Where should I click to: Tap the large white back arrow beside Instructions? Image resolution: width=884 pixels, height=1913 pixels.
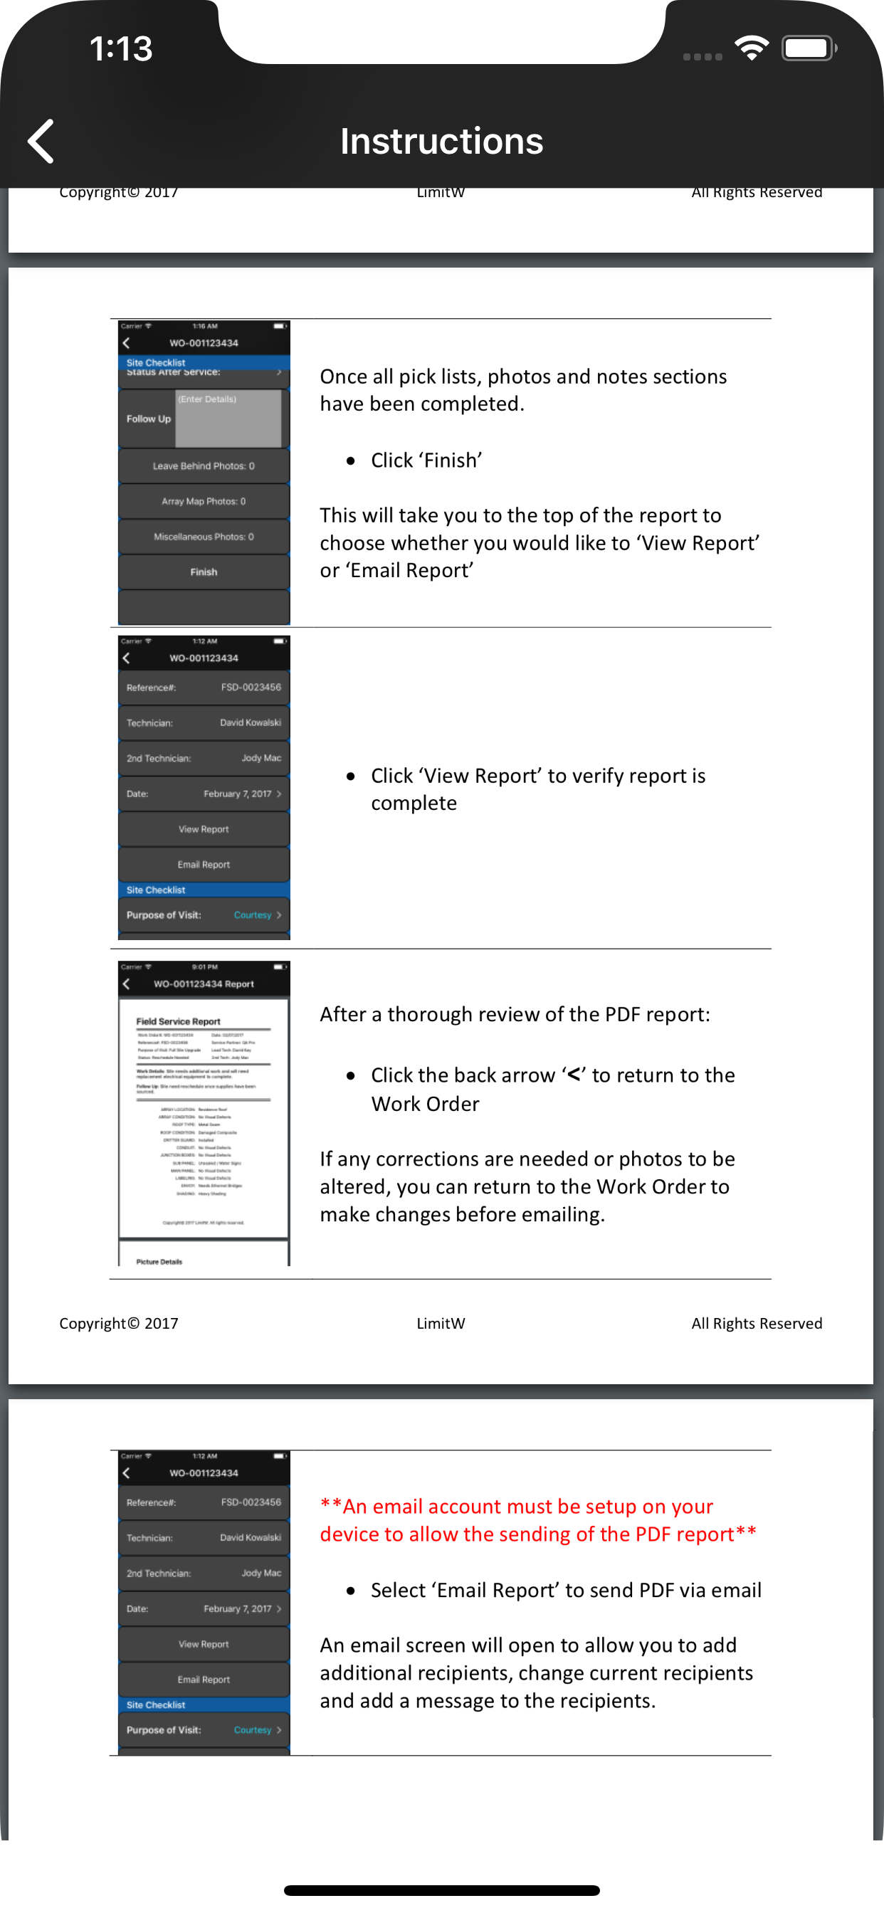pos(41,141)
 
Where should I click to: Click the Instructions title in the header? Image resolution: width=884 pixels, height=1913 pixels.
pos(441,141)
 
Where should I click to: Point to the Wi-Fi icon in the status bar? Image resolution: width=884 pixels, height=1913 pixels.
pos(752,48)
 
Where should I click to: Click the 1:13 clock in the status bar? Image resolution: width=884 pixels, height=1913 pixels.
pos(121,49)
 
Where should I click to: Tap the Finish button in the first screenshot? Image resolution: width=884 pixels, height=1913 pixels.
pos(204,571)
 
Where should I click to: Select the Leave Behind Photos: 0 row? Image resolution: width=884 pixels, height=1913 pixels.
pos(204,465)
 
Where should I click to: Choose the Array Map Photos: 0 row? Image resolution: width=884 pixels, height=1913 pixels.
pos(204,501)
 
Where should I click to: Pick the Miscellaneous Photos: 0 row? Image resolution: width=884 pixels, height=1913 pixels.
pos(204,536)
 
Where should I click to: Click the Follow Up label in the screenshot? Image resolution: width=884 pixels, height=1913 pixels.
pos(149,419)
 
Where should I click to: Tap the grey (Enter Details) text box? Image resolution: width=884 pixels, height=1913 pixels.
pos(228,420)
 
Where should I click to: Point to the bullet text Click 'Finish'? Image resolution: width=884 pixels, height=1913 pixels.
pos(426,460)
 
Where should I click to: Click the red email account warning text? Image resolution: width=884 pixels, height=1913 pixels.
pos(538,1520)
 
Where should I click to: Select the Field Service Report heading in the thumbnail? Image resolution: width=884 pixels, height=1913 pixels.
pos(178,1021)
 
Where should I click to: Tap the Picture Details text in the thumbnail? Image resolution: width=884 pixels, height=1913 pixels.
pos(159,1261)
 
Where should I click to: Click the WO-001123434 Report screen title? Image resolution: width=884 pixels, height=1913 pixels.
pos(204,984)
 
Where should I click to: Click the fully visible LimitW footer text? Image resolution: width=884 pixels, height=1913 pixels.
pos(441,1323)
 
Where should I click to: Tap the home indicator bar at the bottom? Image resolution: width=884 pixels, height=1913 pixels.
pos(441,1890)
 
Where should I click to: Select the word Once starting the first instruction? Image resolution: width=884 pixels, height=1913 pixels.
pos(343,376)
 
